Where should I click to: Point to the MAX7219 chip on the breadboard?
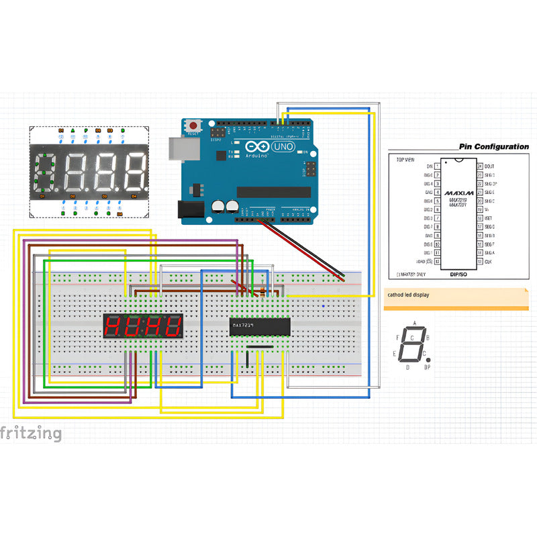[260, 327]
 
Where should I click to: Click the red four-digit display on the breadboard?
[143, 327]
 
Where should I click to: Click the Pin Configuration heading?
[493, 146]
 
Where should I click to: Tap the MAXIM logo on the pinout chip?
[459, 193]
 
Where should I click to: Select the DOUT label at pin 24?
[489, 166]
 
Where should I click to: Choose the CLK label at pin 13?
[488, 261]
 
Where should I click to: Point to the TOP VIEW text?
[405, 160]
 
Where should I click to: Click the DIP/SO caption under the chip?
[458, 275]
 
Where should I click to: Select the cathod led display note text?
[408, 295]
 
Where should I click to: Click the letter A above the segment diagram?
[413, 324]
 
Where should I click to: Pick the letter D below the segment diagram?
[407, 367]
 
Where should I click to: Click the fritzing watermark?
[31, 434]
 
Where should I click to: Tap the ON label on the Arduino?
[304, 152]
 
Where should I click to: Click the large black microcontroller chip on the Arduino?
[273, 192]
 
